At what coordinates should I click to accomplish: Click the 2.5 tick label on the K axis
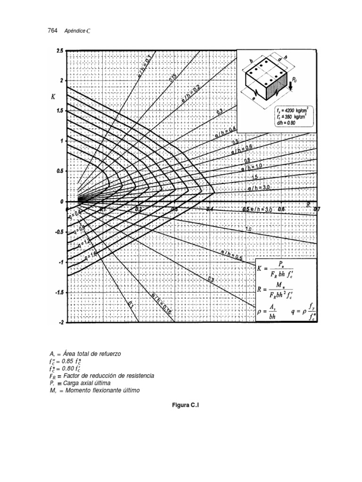[59, 50]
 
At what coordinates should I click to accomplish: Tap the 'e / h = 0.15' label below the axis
[161, 302]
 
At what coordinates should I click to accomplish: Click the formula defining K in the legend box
[280, 269]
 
